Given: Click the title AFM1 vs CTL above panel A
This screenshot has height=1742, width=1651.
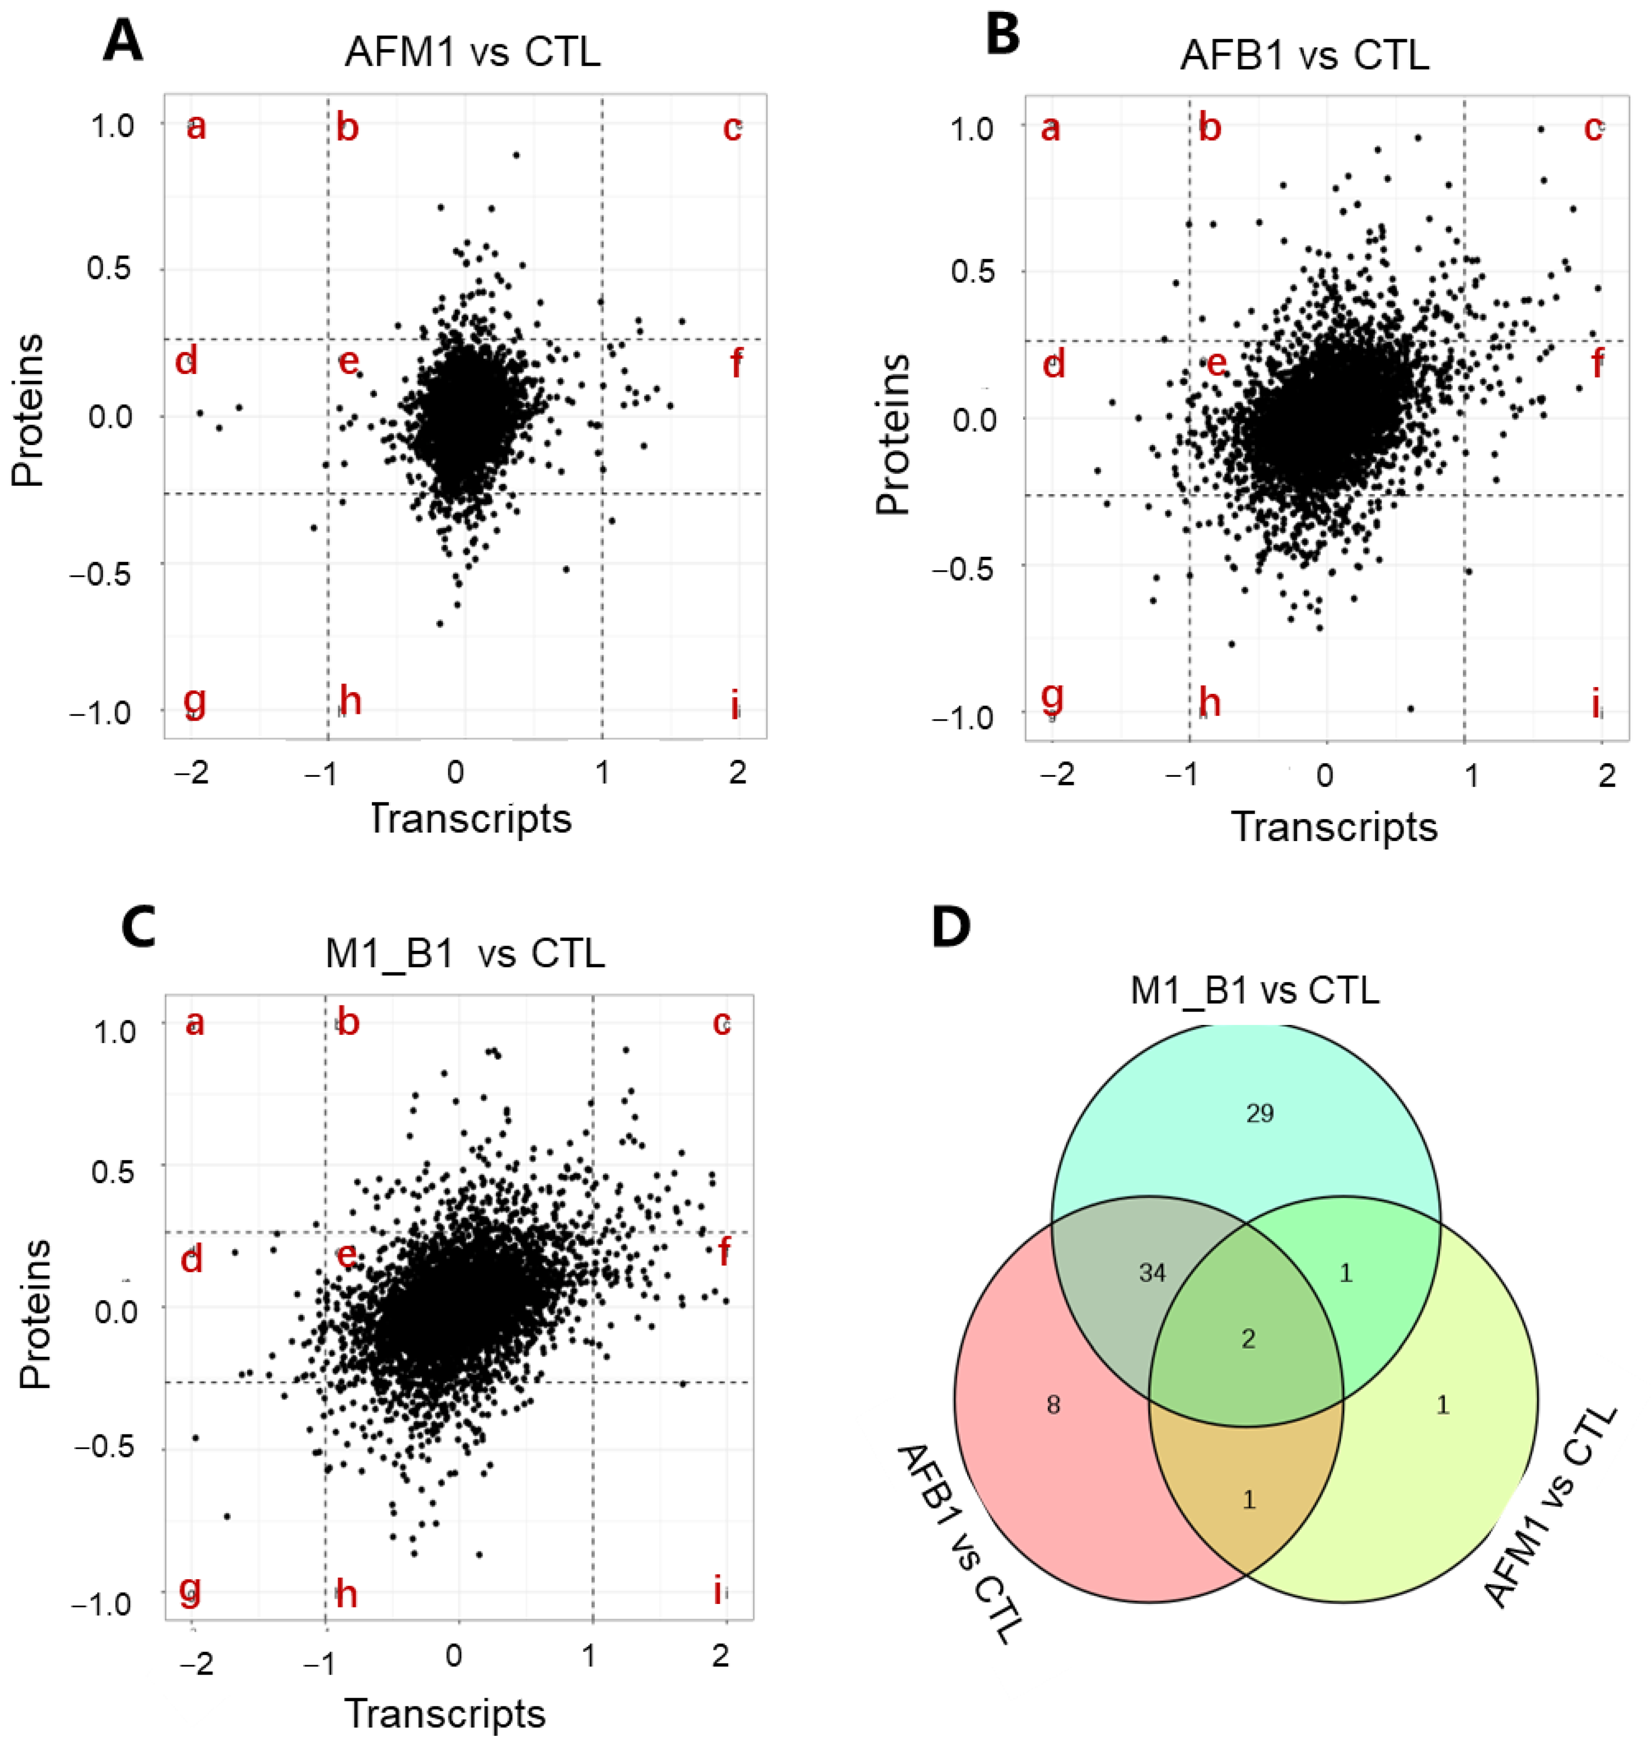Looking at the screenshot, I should pyautogui.click(x=473, y=53).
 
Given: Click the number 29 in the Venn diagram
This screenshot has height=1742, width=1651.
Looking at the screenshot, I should pyautogui.click(x=1260, y=1115).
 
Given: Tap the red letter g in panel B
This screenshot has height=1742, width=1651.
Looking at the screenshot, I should pyautogui.click(x=1052, y=695).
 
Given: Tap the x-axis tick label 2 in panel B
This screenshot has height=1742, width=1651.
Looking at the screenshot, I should pyautogui.click(x=1606, y=775).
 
